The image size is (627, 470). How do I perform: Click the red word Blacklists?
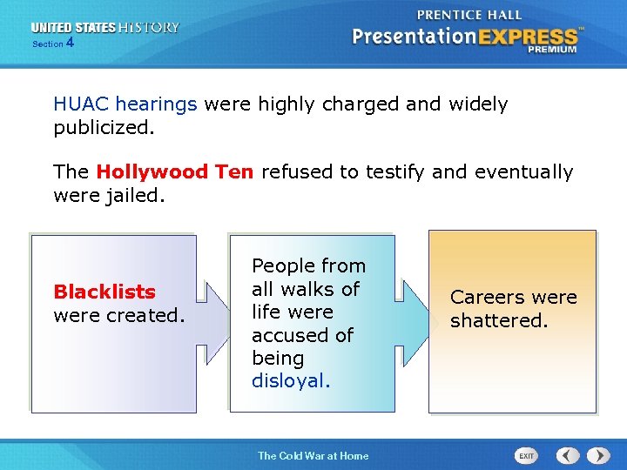point(104,292)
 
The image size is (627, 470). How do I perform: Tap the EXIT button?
point(526,455)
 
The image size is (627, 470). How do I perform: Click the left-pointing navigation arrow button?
point(568,455)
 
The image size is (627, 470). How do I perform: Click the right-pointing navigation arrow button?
point(598,455)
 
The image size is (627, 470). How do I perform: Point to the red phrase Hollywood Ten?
point(175,172)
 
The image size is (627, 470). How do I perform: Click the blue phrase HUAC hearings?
point(125,104)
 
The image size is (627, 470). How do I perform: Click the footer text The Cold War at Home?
point(313,455)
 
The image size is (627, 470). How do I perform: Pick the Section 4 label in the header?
point(53,43)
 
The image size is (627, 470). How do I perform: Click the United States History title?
point(105,27)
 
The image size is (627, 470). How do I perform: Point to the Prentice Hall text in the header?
point(469,14)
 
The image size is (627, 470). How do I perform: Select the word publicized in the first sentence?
point(102,128)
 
